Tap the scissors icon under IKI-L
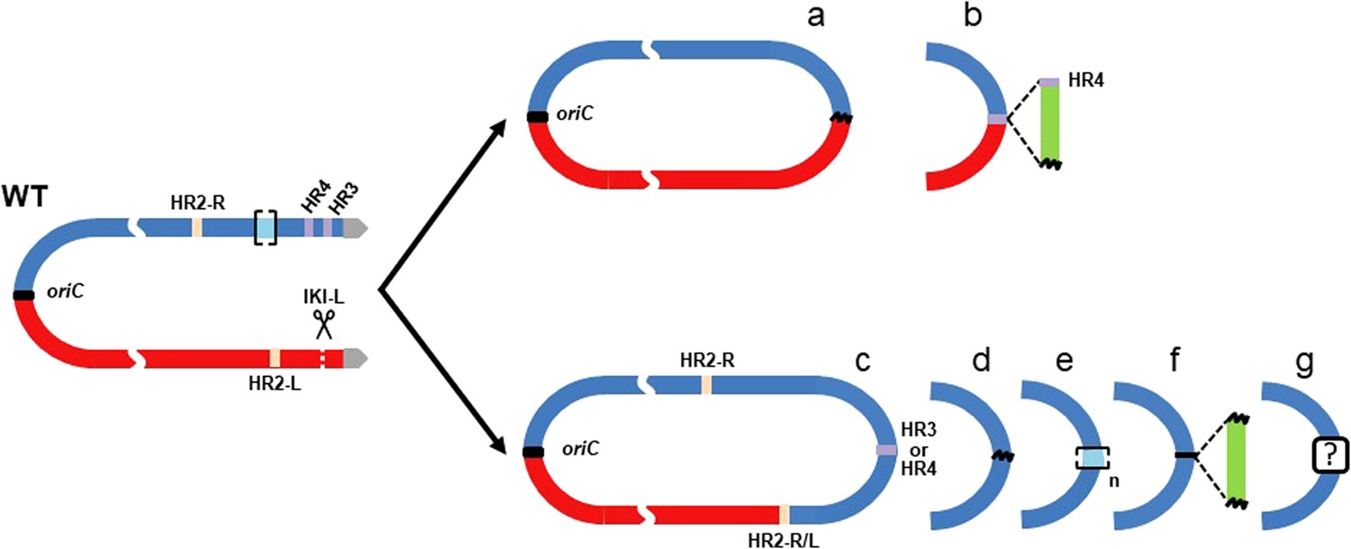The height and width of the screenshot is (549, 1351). pos(324,324)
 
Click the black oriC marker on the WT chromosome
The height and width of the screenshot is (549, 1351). pos(24,295)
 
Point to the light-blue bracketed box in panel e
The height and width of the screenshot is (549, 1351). pos(1092,457)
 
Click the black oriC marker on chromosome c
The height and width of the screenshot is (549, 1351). pos(534,452)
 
